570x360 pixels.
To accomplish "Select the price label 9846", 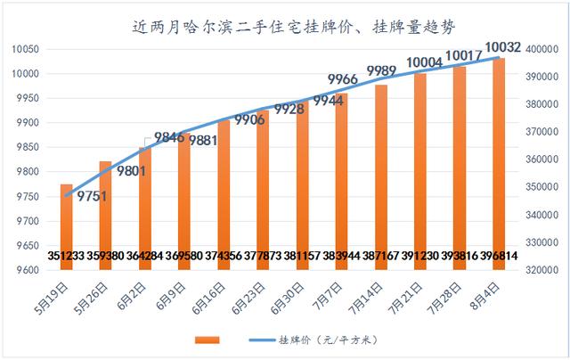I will (169, 137).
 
